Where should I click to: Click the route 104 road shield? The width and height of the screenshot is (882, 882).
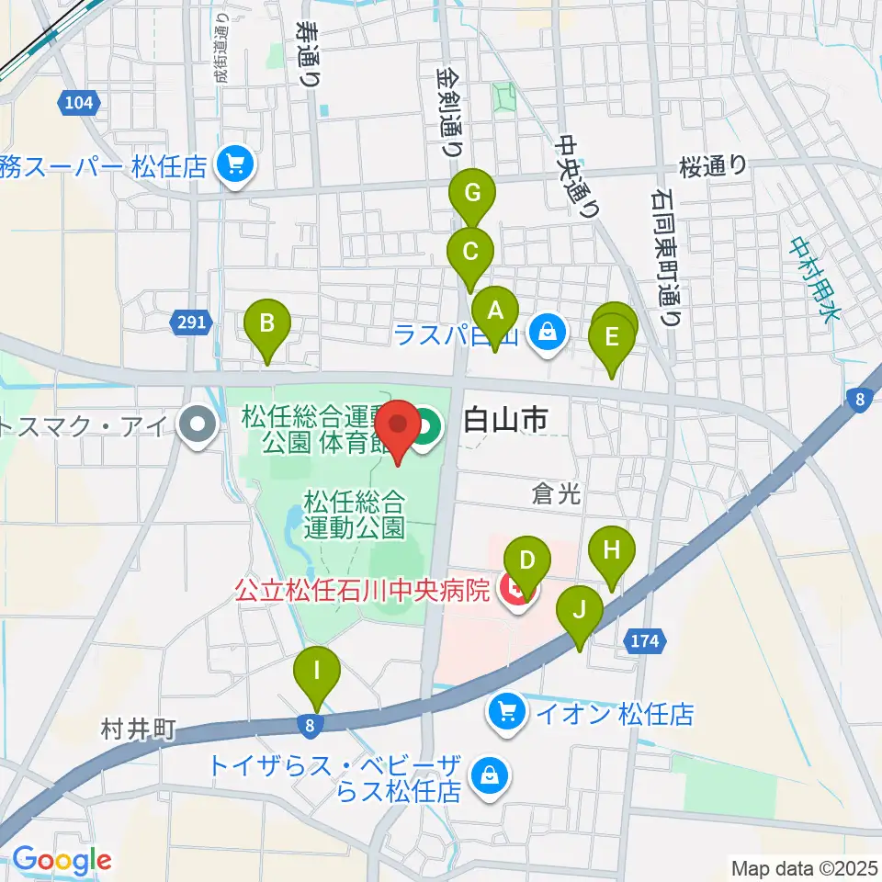(80, 103)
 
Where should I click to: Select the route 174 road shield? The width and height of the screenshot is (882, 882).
(646, 641)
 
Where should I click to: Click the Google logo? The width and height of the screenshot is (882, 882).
(62, 861)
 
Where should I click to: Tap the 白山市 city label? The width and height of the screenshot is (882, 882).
(506, 422)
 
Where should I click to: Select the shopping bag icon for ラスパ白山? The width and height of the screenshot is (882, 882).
(548, 332)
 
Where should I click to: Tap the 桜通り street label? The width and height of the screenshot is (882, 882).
(714, 166)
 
